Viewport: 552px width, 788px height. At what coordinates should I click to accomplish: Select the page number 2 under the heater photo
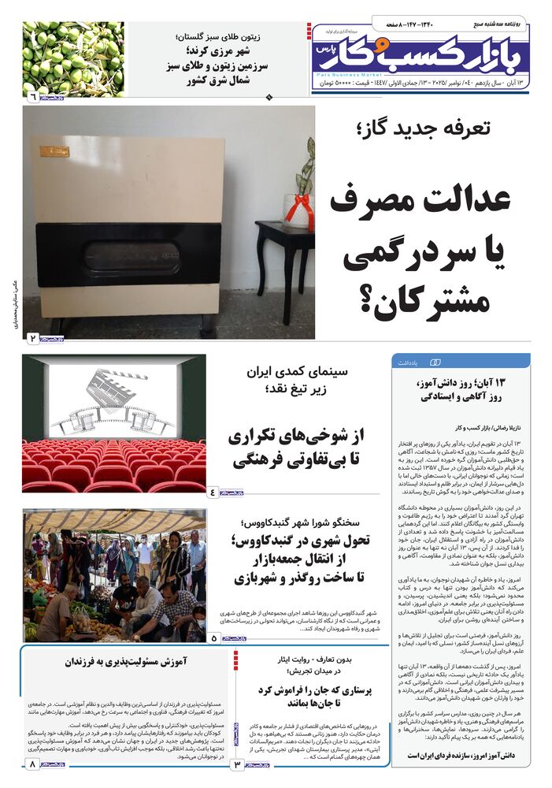pyautogui.click(x=33, y=338)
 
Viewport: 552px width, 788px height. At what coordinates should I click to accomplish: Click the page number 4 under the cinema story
pyautogui.click(x=213, y=492)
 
